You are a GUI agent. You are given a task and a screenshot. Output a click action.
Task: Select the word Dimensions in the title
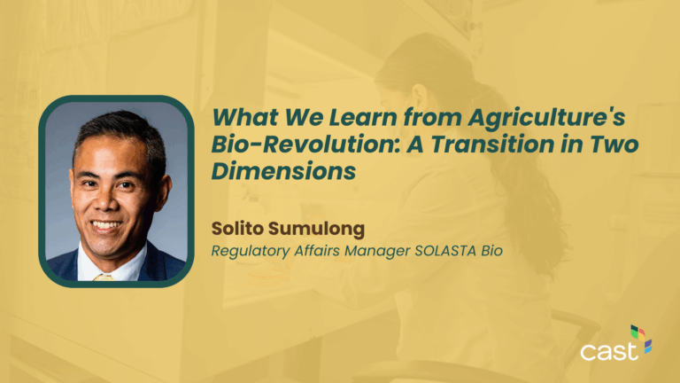coord(277,172)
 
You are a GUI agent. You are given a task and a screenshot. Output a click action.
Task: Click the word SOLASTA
coord(449,251)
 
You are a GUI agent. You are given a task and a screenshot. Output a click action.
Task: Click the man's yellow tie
coord(104,277)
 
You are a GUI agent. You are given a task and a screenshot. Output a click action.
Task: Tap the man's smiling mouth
coord(106,226)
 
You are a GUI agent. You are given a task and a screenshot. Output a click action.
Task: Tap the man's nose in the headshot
coord(107,201)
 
